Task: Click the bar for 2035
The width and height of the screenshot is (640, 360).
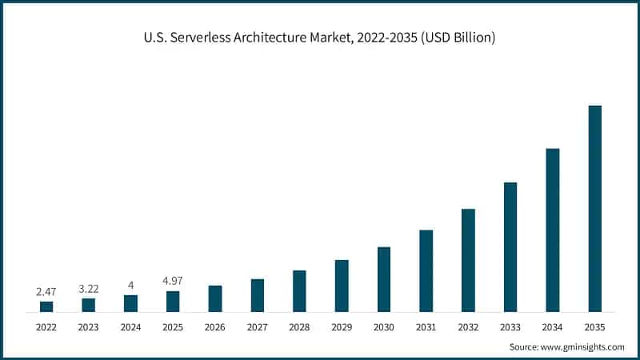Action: click(x=594, y=209)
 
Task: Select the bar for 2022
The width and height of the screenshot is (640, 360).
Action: click(x=46, y=306)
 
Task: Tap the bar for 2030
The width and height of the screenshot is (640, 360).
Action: click(x=384, y=279)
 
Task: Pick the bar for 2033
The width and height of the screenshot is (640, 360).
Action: click(x=510, y=247)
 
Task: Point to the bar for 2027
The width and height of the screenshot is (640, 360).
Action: click(x=257, y=295)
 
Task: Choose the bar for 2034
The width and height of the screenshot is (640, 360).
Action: click(x=553, y=230)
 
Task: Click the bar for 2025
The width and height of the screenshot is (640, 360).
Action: click(x=173, y=302)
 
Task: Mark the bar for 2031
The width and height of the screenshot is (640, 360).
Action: click(x=426, y=270)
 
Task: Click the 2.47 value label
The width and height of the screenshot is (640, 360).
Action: click(x=46, y=292)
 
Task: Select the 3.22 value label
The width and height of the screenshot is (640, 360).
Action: click(x=89, y=288)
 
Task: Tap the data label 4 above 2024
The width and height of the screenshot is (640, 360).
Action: click(x=130, y=285)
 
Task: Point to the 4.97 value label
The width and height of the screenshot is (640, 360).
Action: click(x=173, y=281)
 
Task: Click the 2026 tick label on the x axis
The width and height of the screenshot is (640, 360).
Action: click(x=215, y=326)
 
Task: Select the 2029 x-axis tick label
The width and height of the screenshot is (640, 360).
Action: click(x=342, y=326)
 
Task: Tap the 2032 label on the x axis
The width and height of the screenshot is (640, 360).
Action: click(x=468, y=326)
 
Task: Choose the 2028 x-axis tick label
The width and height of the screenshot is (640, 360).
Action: click(x=299, y=326)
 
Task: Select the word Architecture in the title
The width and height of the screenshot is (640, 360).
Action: click(x=274, y=38)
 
